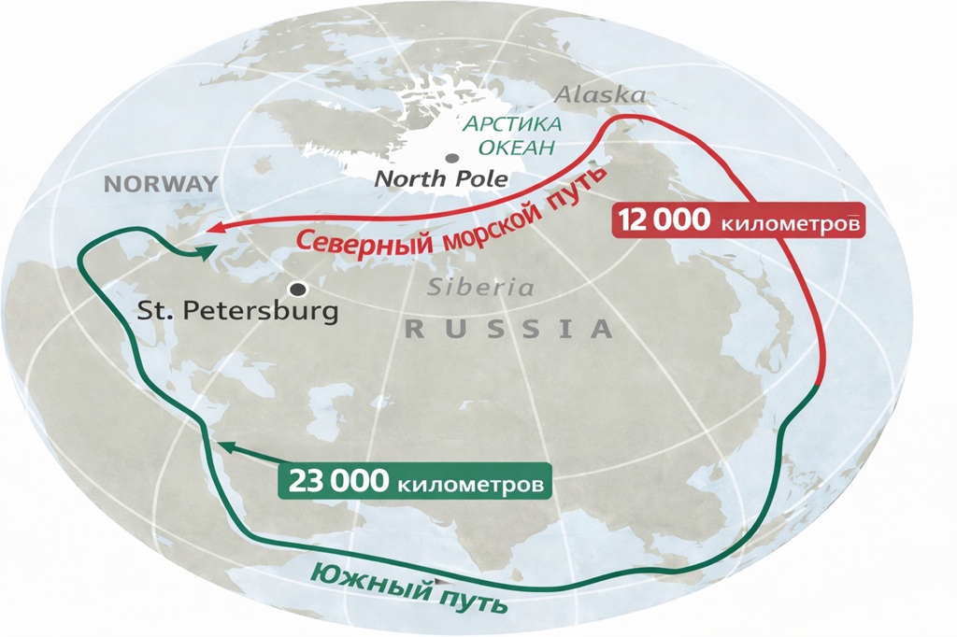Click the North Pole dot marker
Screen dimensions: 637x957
point(452,159)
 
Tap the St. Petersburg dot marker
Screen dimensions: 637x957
point(298,289)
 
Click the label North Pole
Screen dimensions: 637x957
point(441,179)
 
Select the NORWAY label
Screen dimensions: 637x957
point(160,183)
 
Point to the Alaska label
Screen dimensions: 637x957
point(599,95)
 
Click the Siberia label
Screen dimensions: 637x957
point(481,288)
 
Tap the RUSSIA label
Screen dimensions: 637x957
point(509,329)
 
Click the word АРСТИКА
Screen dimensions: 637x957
point(515,125)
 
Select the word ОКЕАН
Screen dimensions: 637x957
point(513,147)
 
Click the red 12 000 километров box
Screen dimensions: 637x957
point(736,225)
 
